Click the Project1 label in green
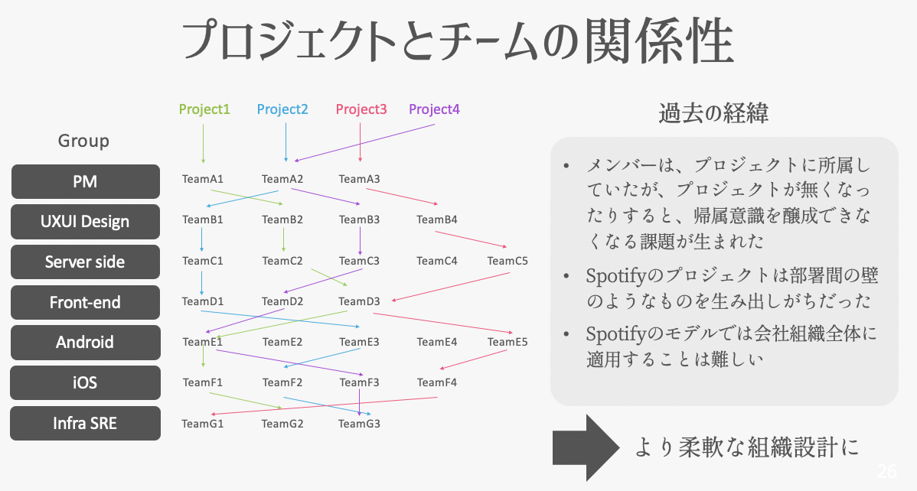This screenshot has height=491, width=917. tap(204, 109)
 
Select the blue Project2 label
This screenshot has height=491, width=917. tap(282, 109)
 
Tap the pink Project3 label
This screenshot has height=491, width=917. tap(361, 109)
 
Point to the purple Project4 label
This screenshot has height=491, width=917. tap(434, 109)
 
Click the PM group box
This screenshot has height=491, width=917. tap(85, 182)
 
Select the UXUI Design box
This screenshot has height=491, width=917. tap(85, 222)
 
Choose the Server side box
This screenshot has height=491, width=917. tap(85, 262)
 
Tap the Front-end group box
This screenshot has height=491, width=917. tap(85, 302)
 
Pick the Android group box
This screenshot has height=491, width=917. tap(85, 342)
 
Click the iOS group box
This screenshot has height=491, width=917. tap(85, 382)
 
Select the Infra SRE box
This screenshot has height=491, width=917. tap(85, 422)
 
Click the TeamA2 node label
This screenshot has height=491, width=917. tap(282, 180)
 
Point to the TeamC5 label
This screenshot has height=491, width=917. tap(507, 261)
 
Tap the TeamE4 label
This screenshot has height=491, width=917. tap(437, 342)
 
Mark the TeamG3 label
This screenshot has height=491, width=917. tap(359, 423)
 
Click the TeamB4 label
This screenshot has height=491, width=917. tap(437, 220)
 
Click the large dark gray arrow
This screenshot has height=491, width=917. tap(585, 447)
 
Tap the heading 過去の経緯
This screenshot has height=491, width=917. tap(713, 115)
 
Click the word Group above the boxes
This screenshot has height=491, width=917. tap(84, 141)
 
